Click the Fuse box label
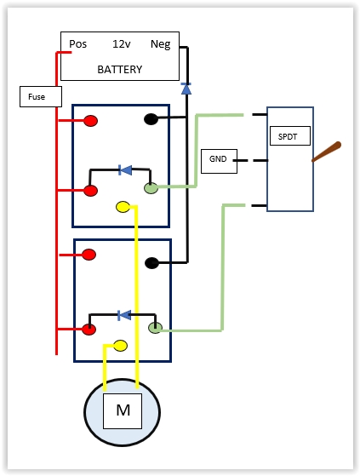pos(37,97)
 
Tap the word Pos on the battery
pos(78,44)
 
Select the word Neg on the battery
pos(161,44)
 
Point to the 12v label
pos(122,44)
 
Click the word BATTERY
pos(120,70)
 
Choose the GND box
pos(220,161)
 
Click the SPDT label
pos(288,136)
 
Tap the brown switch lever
pos(327,152)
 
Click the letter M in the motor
pos(123,410)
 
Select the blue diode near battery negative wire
pos(186,89)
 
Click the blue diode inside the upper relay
pos(125,170)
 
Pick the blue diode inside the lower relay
pos(124,315)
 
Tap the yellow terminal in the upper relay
pos(123,207)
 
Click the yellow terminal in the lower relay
pos(120,346)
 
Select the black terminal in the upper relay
pos(151,119)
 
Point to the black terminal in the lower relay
pos(152,263)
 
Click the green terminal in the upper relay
pos(151,188)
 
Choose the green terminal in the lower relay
pos(155,328)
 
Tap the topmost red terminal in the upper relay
pos(90,121)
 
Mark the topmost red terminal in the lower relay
pos(89,255)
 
